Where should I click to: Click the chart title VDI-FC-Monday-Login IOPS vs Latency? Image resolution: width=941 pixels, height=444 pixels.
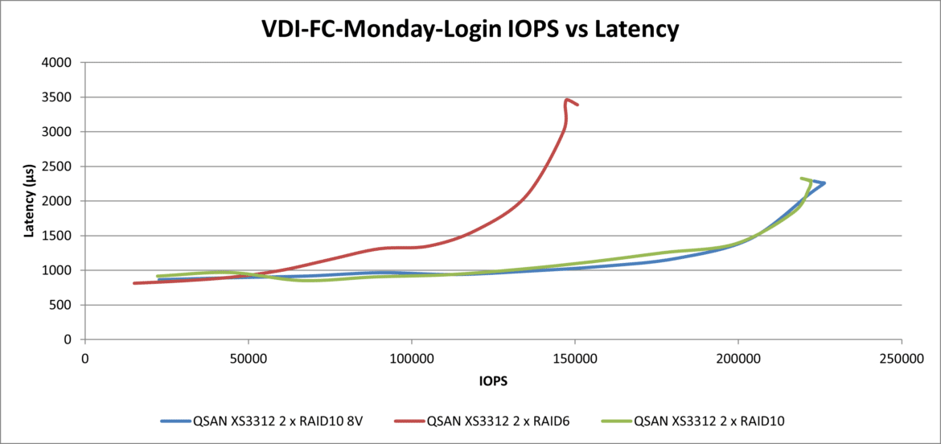point(470,30)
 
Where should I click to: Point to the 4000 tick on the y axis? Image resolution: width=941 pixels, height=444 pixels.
point(61,63)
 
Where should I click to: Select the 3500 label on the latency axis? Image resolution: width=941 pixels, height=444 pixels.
point(61,97)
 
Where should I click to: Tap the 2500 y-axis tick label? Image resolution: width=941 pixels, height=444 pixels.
point(61,166)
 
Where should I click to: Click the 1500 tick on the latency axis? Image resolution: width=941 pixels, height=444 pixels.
point(61,236)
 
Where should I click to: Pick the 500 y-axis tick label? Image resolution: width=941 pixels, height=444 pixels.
point(64,305)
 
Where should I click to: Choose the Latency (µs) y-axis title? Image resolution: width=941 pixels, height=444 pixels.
point(29,200)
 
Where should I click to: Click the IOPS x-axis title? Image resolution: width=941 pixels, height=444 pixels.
point(492,379)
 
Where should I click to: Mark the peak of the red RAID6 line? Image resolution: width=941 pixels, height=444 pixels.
point(567,100)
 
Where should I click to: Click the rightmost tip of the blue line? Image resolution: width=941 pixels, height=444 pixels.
point(824,183)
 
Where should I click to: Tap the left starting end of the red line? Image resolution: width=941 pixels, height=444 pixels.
point(134,283)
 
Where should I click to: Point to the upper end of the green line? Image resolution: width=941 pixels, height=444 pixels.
point(801,179)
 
